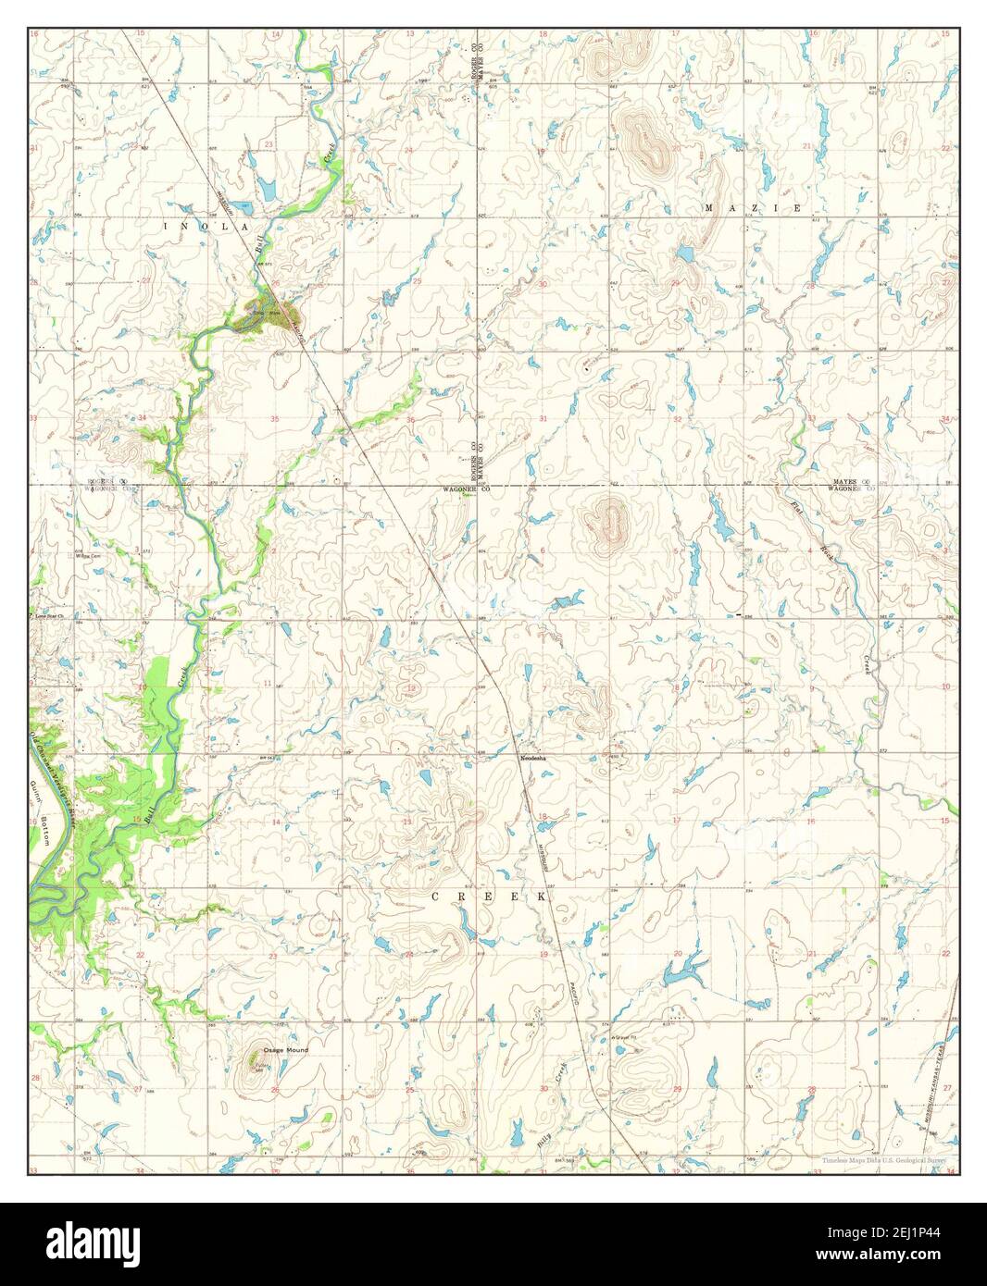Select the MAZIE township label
point(753,209)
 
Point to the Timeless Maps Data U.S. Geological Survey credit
point(889,1159)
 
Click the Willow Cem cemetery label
point(89,556)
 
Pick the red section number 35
point(275,419)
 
